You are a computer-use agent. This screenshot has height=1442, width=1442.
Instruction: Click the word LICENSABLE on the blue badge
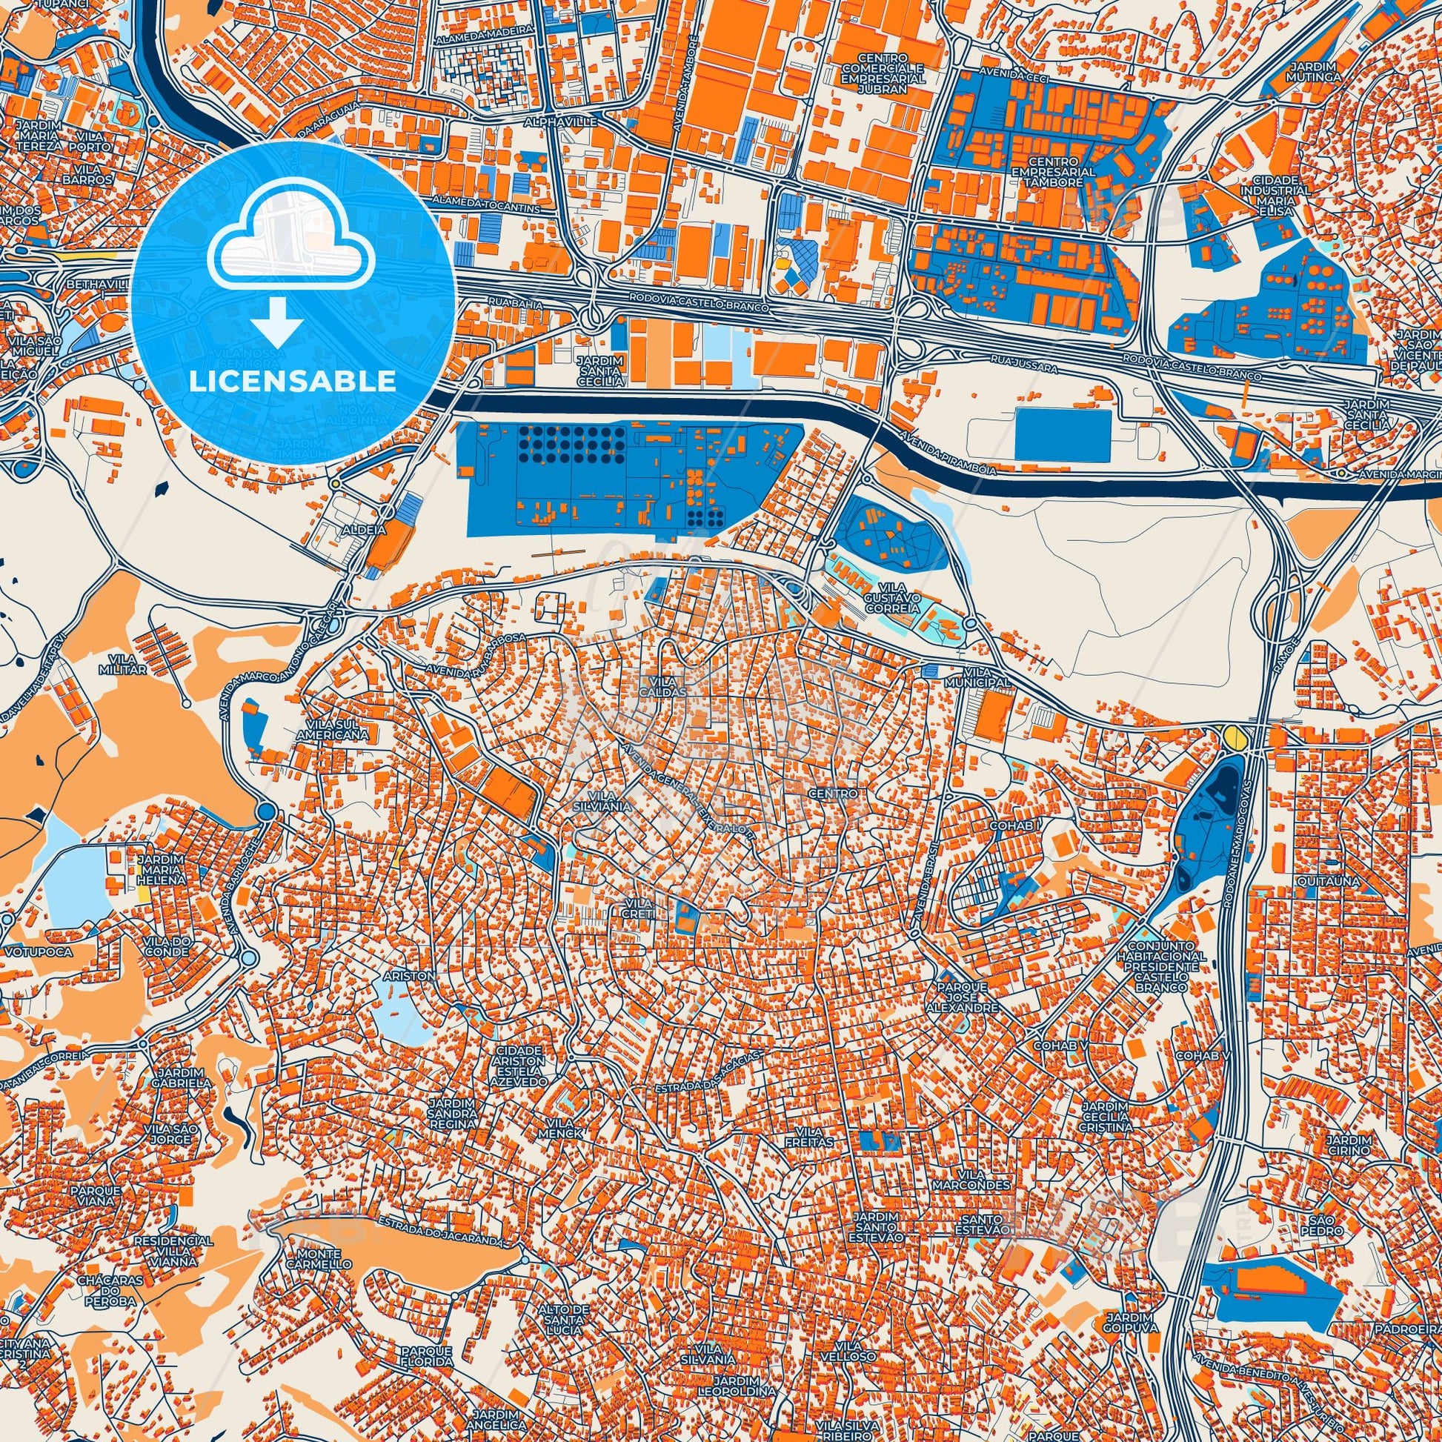tap(292, 381)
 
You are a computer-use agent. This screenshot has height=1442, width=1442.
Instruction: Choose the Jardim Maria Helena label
tap(161, 869)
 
